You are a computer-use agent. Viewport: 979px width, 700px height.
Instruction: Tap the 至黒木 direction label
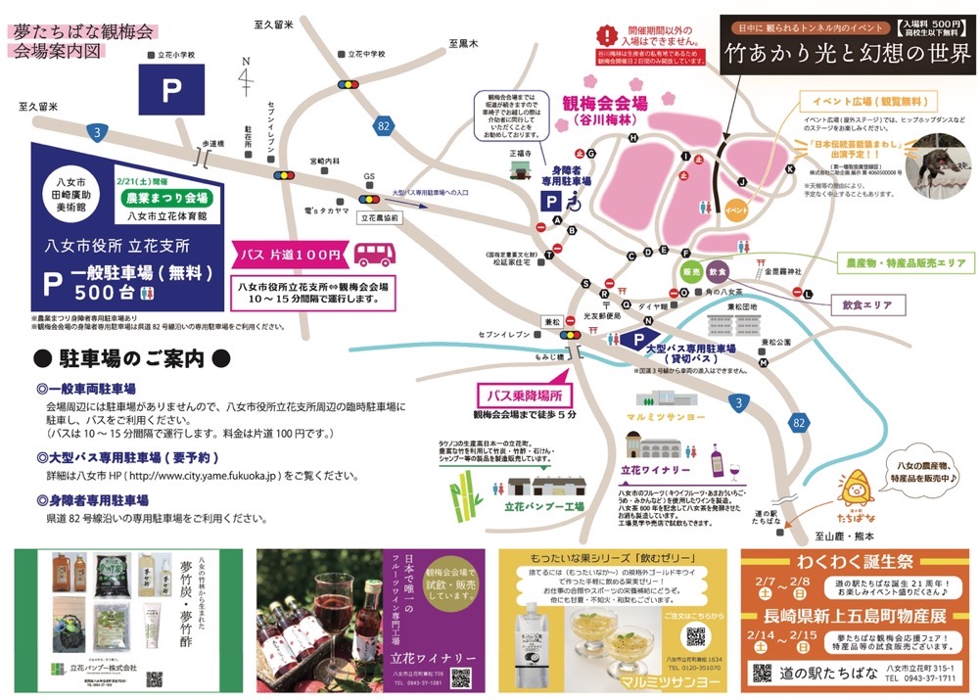463,44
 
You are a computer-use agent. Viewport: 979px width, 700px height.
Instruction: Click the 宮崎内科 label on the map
323,160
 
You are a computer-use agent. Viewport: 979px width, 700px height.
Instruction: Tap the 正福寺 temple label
520,154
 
